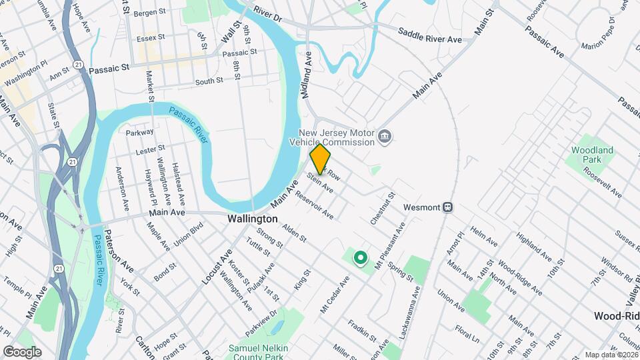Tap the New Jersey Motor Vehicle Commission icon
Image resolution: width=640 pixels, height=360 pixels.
click(385, 137)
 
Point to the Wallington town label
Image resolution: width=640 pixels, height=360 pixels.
click(252, 219)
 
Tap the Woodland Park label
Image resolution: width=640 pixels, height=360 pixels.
click(592, 155)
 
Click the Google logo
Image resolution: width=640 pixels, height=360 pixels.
click(21, 351)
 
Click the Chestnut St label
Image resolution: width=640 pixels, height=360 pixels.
click(384, 208)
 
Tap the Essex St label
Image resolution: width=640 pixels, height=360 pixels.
click(150, 39)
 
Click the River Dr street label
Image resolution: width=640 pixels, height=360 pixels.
click(268, 16)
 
